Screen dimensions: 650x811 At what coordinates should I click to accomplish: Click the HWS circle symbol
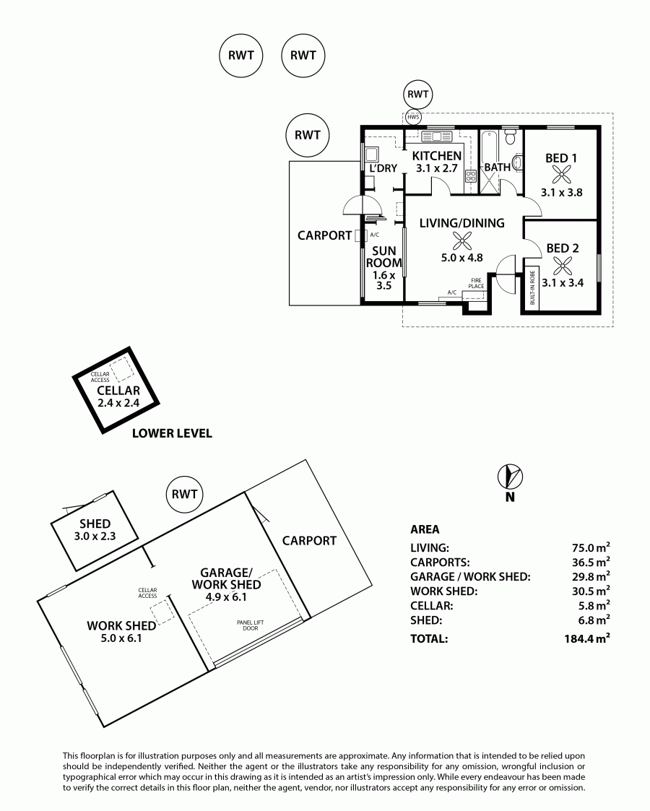point(412,118)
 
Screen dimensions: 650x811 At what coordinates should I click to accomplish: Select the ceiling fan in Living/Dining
point(461,241)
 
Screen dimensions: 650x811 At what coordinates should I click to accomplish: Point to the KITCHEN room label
point(437,156)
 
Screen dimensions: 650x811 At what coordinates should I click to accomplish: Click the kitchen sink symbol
point(437,136)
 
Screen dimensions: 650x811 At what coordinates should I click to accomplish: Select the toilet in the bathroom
point(511,137)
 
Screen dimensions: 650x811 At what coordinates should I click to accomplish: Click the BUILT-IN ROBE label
point(532,287)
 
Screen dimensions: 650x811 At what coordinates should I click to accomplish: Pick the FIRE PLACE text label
point(476,283)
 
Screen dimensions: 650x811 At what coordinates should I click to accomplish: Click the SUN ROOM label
point(384,256)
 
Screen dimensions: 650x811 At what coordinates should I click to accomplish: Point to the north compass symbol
point(511,477)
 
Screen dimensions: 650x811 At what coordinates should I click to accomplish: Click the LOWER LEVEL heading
point(172,433)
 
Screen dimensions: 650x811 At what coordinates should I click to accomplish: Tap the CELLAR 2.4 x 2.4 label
point(118,396)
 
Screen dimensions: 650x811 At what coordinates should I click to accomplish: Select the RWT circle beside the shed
point(185,494)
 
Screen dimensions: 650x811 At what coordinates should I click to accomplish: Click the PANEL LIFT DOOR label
point(251,625)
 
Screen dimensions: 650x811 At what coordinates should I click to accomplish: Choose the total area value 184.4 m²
point(587,638)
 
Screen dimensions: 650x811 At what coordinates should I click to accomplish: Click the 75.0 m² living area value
point(589,547)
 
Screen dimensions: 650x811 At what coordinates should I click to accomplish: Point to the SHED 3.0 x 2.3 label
point(95,529)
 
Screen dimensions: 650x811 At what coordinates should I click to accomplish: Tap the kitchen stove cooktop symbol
point(471,176)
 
